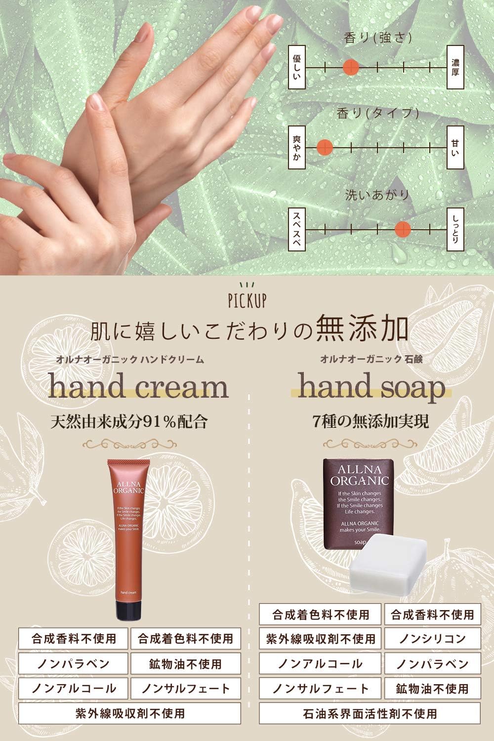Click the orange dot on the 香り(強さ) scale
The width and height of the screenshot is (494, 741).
click(351, 66)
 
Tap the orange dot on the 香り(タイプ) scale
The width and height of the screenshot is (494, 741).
click(324, 147)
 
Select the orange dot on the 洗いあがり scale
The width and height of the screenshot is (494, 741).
click(403, 228)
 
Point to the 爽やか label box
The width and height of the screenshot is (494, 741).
click(296, 147)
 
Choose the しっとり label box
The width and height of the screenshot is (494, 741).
click(455, 228)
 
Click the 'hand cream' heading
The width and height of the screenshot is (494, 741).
click(138, 386)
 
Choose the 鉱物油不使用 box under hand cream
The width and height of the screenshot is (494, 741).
click(185, 663)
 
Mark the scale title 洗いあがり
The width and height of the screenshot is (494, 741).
click(377, 195)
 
